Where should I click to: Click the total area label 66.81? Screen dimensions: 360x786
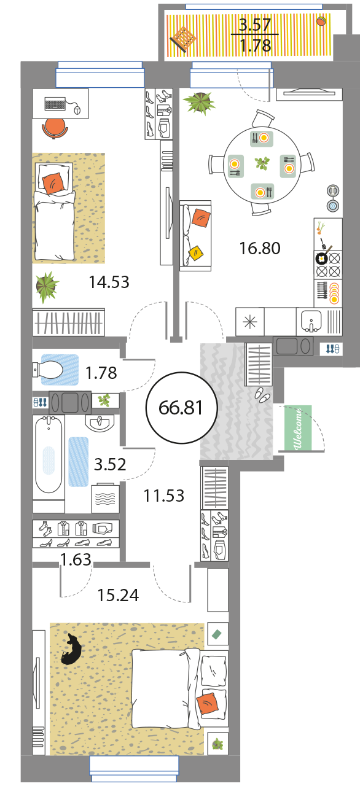click(x=181, y=408)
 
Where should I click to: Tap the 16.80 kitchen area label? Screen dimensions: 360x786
click(x=260, y=248)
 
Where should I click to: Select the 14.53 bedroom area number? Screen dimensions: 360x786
click(x=109, y=282)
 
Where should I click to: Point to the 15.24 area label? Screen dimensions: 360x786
click(x=118, y=595)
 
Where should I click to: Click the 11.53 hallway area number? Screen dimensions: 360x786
click(x=164, y=496)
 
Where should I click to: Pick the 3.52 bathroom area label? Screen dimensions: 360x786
click(x=110, y=464)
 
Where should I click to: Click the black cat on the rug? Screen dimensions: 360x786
click(x=71, y=649)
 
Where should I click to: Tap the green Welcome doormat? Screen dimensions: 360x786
click(x=298, y=427)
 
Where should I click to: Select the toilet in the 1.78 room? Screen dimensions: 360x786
click(x=48, y=370)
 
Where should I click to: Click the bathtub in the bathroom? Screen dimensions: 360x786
click(x=49, y=454)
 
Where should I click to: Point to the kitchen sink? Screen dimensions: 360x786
click(x=311, y=321)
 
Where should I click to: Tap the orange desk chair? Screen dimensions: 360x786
click(x=55, y=128)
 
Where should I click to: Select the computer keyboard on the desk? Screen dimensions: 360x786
click(x=55, y=104)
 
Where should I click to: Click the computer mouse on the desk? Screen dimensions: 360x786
click(x=77, y=110)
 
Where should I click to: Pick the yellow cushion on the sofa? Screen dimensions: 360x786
click(x=195, y=252)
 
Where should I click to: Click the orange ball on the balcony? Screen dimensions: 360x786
click(x=321, y=21)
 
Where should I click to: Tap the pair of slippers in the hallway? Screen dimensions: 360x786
click(x=262, y=394)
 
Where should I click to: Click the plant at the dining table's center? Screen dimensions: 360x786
click(x=262, y=163)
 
